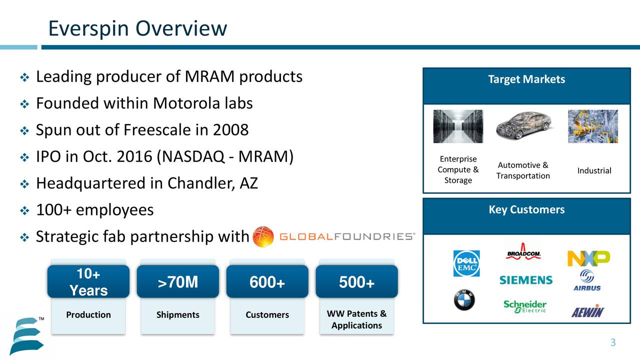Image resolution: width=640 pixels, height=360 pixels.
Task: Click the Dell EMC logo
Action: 466,263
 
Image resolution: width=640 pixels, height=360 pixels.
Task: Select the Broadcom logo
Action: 523,251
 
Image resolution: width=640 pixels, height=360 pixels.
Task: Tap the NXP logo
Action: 588,258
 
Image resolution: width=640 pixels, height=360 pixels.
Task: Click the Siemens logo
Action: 526,280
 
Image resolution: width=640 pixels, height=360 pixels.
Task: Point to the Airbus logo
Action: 587,280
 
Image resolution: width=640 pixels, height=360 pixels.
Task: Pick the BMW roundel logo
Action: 464,300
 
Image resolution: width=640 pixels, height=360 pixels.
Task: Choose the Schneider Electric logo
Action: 525,306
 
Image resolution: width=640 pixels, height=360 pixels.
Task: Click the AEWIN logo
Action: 588,311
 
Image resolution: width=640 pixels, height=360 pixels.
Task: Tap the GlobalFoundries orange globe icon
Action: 263,236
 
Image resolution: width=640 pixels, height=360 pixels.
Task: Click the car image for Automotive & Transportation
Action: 523,126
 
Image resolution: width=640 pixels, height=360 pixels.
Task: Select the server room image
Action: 458,126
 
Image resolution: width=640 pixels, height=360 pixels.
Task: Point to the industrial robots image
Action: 592,126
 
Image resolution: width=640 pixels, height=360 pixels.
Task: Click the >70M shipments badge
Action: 177,282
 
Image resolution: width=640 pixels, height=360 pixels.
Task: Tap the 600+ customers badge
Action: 267,282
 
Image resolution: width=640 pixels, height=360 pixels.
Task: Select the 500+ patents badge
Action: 356,282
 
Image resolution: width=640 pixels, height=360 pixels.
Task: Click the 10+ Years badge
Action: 88,282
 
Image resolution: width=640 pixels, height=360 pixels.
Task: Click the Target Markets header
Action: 526,79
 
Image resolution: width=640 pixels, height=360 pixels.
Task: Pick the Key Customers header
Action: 526,209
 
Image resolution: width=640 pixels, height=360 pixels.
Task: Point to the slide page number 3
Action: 612,342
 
